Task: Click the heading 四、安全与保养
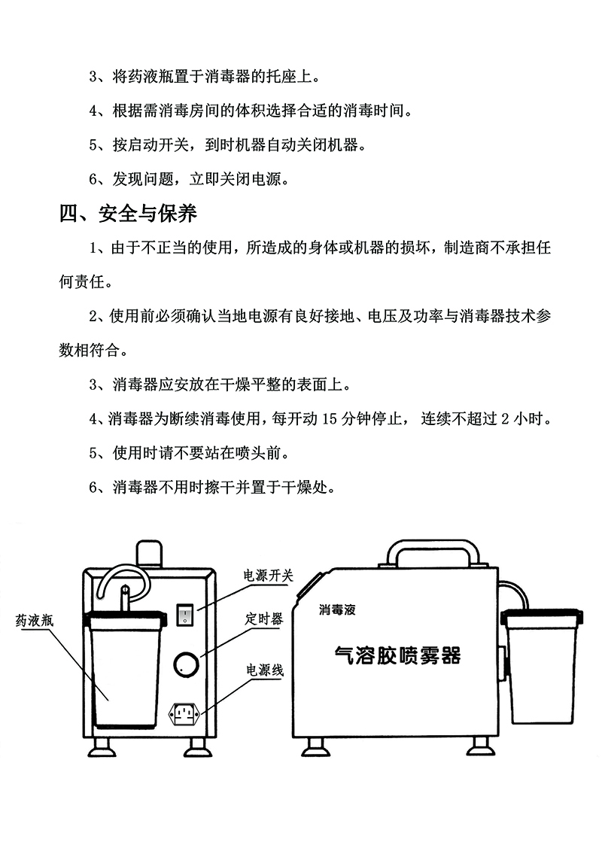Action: (x=128, y=213)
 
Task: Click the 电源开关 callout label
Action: (x=268, y=576)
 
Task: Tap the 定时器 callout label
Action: (x=264, y=618)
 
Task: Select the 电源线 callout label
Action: (x=265, y=670)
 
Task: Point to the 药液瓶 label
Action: (x=35, y=620)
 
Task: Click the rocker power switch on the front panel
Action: (x=185, y=615)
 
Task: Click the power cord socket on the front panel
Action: (x=186, y=714)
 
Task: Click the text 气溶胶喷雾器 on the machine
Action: (x=398, y=655)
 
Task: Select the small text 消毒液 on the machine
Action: (x=338, y=610)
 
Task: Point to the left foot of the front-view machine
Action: (x=102, y=747)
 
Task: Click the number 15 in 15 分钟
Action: (x=330, y=419)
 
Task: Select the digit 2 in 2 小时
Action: (x=505, y=419)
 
